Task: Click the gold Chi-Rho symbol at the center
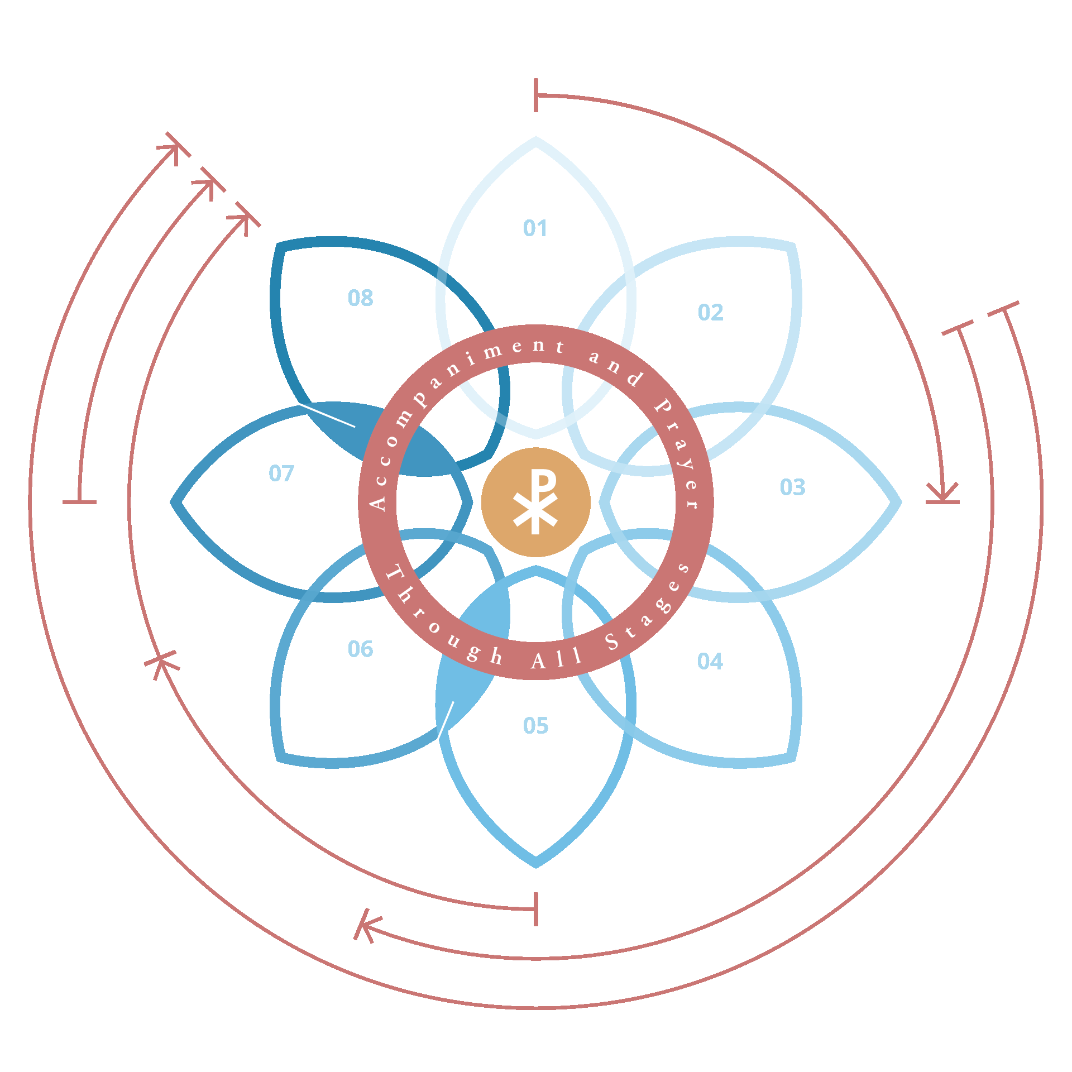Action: click(535, 502)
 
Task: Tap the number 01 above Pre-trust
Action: click(535, 228)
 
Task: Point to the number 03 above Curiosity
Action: click(792, 487)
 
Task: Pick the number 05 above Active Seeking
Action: click(535, 725)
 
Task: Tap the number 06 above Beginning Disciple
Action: click(360, 649)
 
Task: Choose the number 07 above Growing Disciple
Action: click(281, 473)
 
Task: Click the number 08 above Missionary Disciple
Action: click(360, 298)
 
